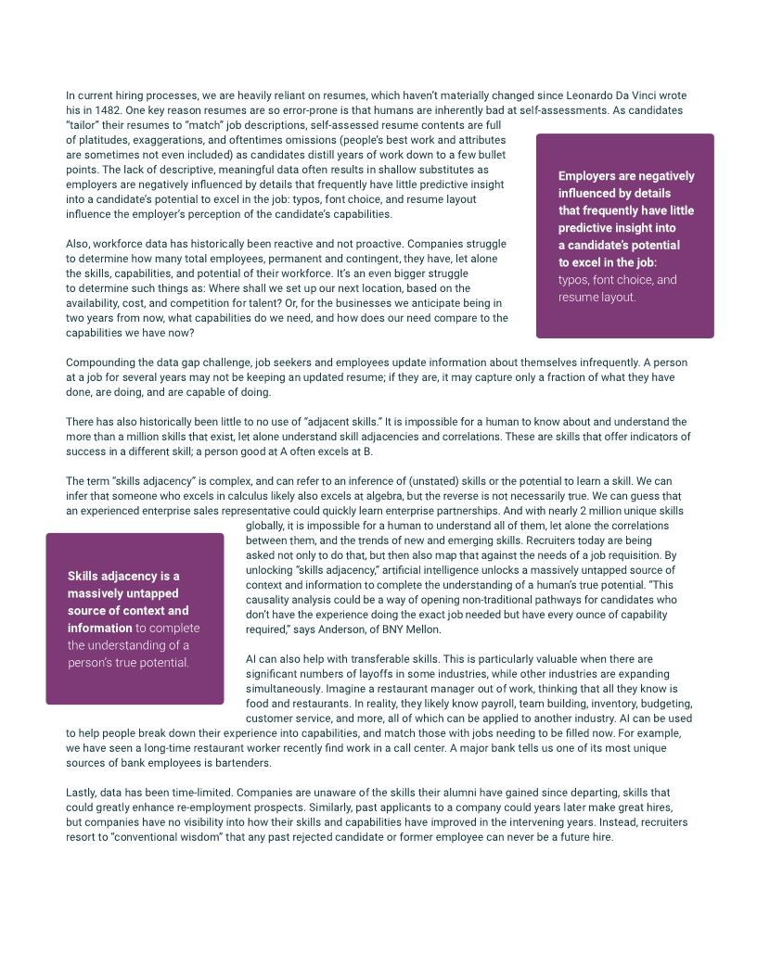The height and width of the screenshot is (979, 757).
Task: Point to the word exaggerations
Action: click(x=174, y=139)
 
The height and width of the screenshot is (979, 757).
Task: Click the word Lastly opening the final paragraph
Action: click(x=83, y=793)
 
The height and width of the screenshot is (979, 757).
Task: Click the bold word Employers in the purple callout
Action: click(x=591, y=176)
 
